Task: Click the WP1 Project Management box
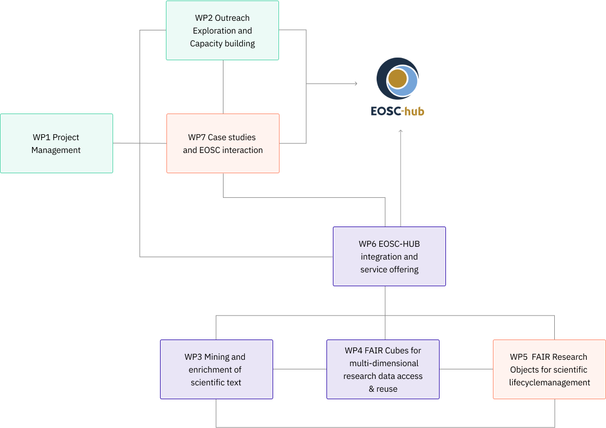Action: (56, 143)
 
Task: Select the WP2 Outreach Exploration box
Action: (222, 30)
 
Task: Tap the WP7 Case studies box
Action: (222, 143)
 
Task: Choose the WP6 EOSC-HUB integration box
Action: (389, 256)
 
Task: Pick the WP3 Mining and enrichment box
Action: (216, 369)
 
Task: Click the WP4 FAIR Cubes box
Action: (382, 369)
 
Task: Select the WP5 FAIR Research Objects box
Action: (549, 369)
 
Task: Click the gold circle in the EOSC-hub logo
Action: (397, 79)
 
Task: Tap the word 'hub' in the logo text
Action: (414, 111)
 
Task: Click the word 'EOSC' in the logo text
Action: (386, 111)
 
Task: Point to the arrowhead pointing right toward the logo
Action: (356, 84)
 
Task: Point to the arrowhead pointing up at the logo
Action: (400, 132)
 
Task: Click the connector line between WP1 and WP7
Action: (140, 143)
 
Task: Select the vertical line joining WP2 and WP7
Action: (223, 86)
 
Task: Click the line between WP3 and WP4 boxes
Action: (299, 369)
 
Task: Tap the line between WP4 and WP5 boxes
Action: (466, 369)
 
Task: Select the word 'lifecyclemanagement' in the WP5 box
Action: (549, 382)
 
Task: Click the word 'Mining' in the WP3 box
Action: (217, 357)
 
